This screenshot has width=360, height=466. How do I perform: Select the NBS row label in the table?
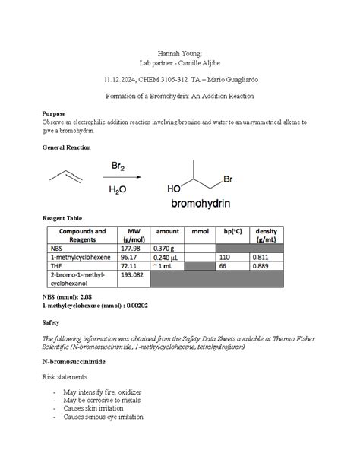(x=58, y=248)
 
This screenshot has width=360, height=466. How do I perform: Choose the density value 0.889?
(x=261, y=266)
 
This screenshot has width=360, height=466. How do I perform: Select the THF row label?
(x=58, y=266)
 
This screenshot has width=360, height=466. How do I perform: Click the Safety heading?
(x=52, y=322)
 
